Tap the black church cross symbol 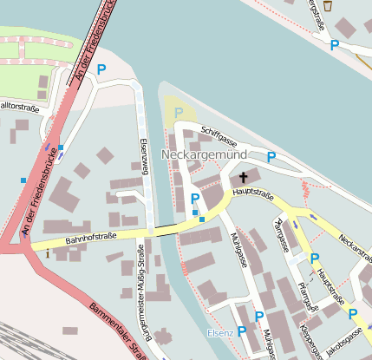click(243, 176)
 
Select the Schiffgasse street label click(219, 135)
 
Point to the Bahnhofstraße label click(91, 238)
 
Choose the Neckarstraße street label click(356, 249)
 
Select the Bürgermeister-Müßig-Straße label click(142, 299)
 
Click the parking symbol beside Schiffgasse click(271, 157)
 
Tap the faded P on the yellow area click(179, 112)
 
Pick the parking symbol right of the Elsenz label click(242, 331)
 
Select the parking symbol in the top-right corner click(334, 45)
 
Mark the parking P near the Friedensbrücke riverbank click(101, 69)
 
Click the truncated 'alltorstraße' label click(19, 106)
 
